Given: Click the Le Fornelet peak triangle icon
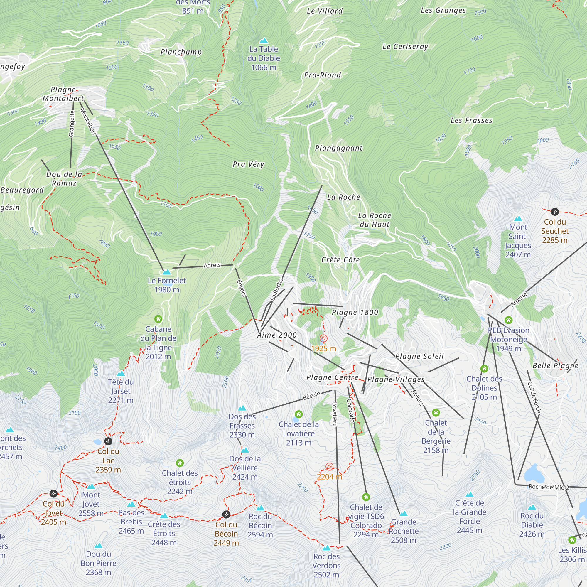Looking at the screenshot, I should pyautogui.click(x=166, y=272).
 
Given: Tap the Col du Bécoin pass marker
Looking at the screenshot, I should pyautogui.click(x=226, y=514).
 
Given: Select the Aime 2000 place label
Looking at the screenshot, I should pyautogui.click(x=277, y=335).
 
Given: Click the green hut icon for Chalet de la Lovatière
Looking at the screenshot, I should pyautogui.click(x=299, y=414).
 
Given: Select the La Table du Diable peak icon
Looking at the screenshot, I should pyautogui.click(x=264, y=41).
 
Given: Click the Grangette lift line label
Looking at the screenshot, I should pyautogui.click(x=72, y=124).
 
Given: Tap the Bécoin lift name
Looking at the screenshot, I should pyautogui.click(x=311, y=396).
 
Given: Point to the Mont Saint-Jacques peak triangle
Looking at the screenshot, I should pyautogui.click(x=518, y=218).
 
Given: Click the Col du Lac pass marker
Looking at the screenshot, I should pyautogui.click(x=108, y=441).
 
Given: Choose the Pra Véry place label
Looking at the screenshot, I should pyautogui.click(x=248, y=164).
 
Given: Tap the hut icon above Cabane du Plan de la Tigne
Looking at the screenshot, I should pyautogui.click(x=158, y=319).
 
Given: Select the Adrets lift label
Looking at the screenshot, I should pyautogui.click(x=212, y=265).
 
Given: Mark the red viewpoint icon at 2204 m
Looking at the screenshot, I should pyautogui.click(x=329, y=467).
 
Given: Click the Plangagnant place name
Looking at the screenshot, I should pyautogui.click(x=339, y=148).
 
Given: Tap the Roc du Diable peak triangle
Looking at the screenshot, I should pyautogui.click(x=532, y=507).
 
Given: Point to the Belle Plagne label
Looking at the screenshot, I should pyautogui.click(x=555, y=365).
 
